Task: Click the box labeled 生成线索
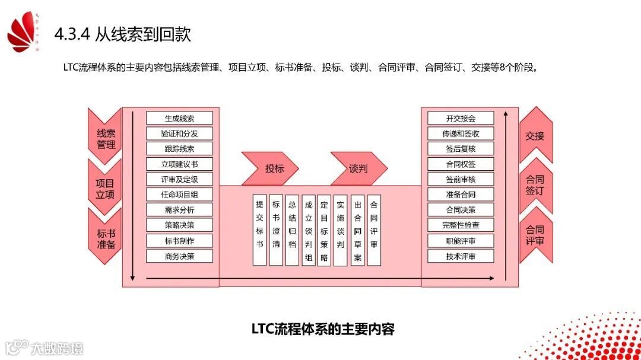[179, 118]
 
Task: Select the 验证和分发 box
[179, 133]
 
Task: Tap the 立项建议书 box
[179, 164]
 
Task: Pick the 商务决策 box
[179, 256]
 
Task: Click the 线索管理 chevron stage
[106, 138]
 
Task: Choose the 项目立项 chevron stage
[105, 188]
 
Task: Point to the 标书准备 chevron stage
[106, 238]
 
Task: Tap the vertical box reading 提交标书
[259, 230]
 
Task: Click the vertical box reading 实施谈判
[340, 230]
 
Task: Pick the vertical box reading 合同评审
[373, 230]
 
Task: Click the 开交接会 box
[461, 118]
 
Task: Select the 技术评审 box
[461, 256]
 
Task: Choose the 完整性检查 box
[461, 225]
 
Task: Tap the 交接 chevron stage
[535, 136]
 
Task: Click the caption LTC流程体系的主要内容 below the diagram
[323, 329]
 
